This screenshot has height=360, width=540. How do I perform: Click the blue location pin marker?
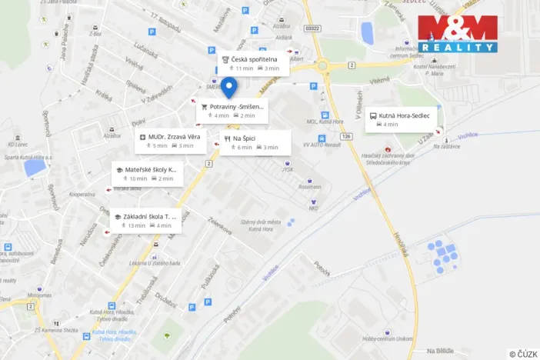(x=228, y=87)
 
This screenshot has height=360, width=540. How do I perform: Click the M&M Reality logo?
(x=457, y=33)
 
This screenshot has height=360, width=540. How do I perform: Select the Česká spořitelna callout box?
(x=252, y=63)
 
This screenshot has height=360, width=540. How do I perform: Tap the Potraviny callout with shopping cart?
(x=232, y=111)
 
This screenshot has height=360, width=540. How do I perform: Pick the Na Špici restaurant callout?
(x=255, y=142)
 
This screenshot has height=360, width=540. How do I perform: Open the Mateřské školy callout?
(x=147, y=173)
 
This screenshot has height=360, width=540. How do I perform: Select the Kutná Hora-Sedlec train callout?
(x=402, y=119)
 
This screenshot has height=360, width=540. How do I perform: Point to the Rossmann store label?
(x=310, y=186)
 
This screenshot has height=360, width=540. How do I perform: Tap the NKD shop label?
(x=313, y=208)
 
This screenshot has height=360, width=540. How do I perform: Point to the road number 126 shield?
(x=345, y=136)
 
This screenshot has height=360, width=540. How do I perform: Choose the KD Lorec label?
(x=18, y=144)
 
